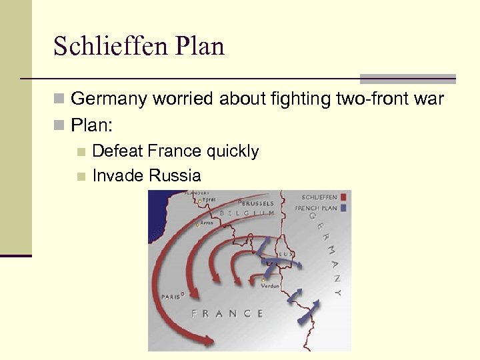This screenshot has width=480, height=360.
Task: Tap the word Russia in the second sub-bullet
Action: (x=175, y=176)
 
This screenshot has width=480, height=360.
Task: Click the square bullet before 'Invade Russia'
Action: (x=81, y=177)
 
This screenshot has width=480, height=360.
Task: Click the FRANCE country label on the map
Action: (x=227, y=313)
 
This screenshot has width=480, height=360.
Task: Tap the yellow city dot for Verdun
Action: (x=265, y=279)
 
